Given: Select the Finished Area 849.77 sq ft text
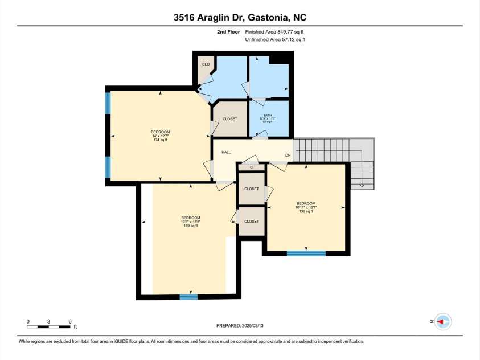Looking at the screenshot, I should pos(275,32).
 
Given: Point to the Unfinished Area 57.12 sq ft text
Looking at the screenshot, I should pos(275,40).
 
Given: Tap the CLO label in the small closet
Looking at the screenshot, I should pos(206,64).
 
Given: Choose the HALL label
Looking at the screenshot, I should pos(226,153).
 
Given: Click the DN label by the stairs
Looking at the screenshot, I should pos(288,155).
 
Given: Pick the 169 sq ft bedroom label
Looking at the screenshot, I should pos(191,222).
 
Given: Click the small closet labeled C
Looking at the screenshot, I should pos(251,167).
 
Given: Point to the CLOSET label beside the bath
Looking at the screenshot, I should pos(229,119).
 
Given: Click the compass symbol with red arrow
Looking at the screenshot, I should pos(442,322).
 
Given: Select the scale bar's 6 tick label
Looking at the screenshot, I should pos(69,322).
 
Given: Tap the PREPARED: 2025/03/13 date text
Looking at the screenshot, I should pos(240,325).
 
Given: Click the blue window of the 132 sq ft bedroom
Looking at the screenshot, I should pos(306,253).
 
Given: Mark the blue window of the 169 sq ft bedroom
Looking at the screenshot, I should pos(188,297).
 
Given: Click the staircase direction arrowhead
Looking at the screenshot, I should pos(362,185).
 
